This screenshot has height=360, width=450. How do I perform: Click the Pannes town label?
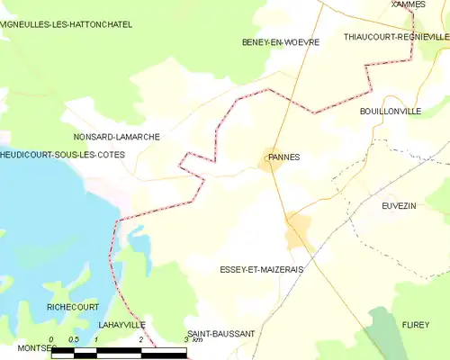[x=283, y=157]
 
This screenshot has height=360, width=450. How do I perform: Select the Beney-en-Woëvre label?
[x=275, y=42]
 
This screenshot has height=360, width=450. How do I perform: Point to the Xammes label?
[x=408, y=4]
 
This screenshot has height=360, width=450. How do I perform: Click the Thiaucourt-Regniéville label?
[x=396, y=37]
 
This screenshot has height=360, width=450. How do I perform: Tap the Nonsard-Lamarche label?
[x=116, y=137]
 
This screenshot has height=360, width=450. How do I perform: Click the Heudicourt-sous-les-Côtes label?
[x=62, y=155]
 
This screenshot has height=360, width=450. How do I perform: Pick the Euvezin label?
[x=399, y=206]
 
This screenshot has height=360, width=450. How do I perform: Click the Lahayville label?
[x=121, y=323]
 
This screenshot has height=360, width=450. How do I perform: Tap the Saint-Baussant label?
[x=220, y=334]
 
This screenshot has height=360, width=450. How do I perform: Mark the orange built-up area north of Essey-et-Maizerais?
[x=298, y=232]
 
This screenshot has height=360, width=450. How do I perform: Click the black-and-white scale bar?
[x=118, y=353]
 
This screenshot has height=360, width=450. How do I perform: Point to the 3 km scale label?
[x=192, y=340]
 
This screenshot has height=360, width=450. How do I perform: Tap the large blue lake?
[x=45, y=234]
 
